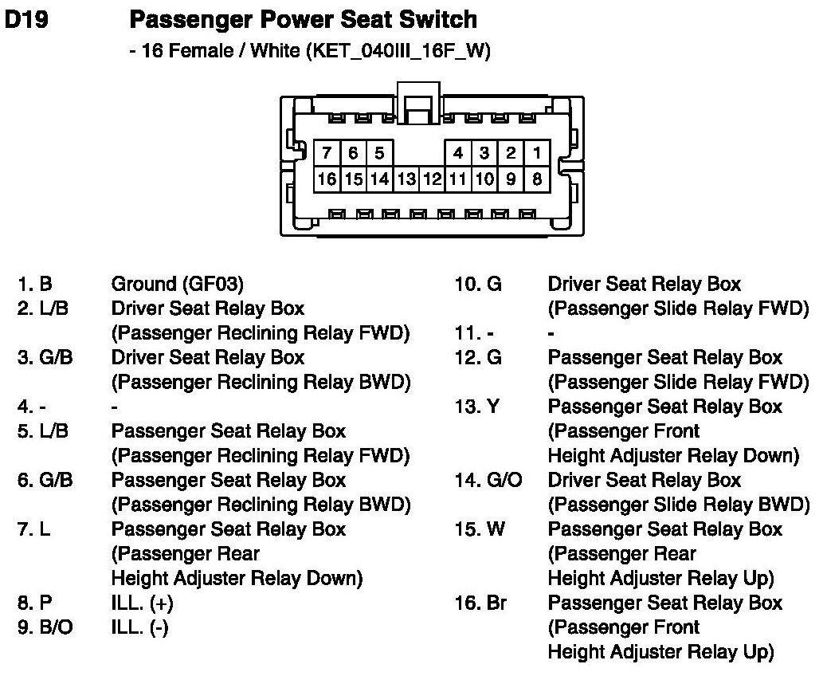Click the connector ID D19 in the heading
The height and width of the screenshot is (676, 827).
(25, 20)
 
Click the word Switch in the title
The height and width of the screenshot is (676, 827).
(439, 20)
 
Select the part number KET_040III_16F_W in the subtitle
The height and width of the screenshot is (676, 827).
(391, 52)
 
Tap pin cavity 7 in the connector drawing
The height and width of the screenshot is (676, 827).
(327, 153)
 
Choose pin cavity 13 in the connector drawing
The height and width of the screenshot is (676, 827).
(406, 179)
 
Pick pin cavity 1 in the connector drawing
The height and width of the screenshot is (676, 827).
(537, 153)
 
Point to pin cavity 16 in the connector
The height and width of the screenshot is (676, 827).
(327, 179)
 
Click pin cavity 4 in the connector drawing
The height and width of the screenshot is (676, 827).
(458, 153)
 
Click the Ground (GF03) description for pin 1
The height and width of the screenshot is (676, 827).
(177, 284)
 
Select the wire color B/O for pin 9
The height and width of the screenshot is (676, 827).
(56, 628)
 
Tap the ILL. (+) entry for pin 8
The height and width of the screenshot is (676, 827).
(142, 603)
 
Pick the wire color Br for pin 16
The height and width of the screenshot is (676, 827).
(496, 603)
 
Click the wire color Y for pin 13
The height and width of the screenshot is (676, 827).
(492, 407)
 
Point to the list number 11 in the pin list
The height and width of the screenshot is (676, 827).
(466, 333)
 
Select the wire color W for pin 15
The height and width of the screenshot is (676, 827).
(495, 529)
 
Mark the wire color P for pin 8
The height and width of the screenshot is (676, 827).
(45, 603)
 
